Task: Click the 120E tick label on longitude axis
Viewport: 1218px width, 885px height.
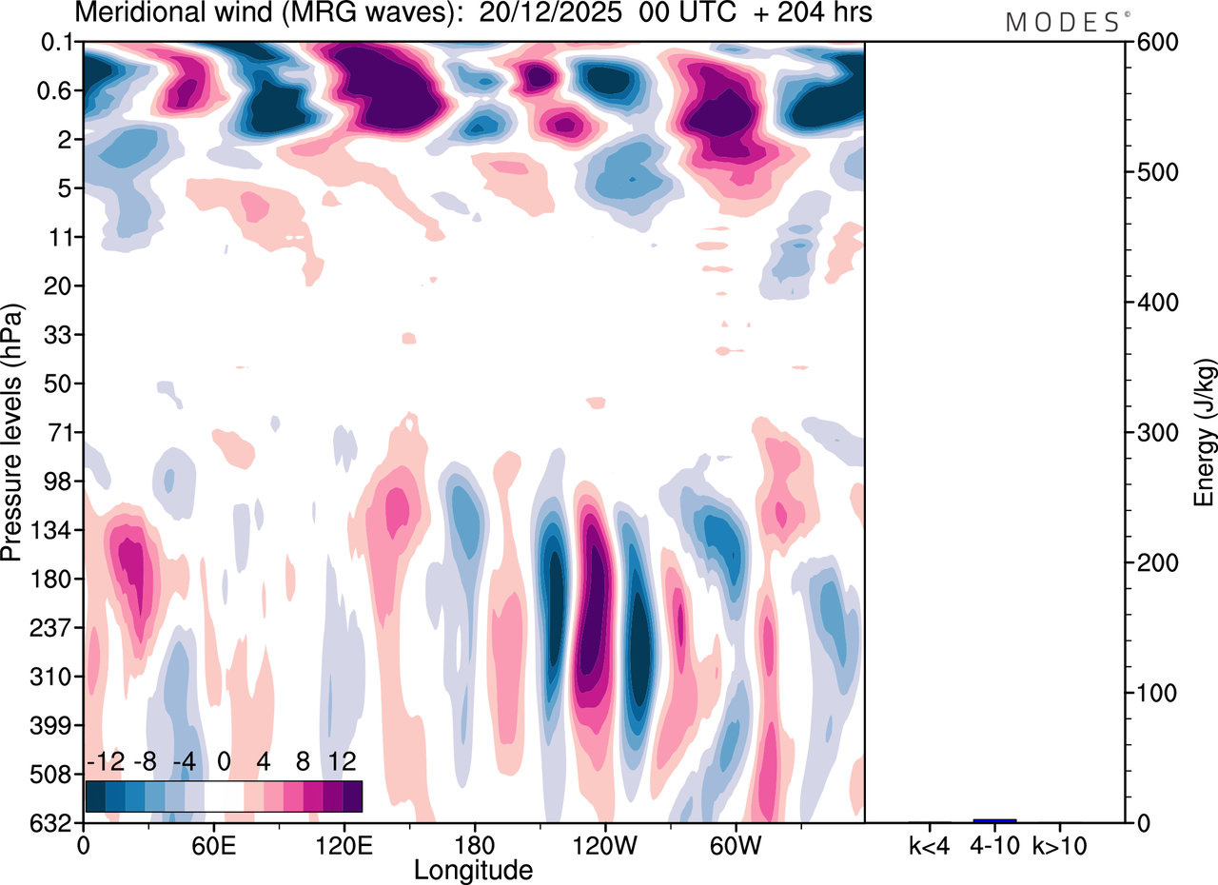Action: [x=344, y=844]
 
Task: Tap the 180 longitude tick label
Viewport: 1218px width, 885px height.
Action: [x=474, y=844]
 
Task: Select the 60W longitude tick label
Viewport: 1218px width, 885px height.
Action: [x=735, y=844]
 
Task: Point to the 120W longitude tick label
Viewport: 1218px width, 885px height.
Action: [x=604, y=844]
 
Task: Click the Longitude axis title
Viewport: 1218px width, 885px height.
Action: [x=473, y=869]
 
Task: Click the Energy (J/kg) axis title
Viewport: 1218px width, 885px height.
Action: [x=1205, y=433]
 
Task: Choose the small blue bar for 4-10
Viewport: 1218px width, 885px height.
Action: [x=994, y=820]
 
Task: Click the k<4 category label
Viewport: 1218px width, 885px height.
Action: [x=930, y=844]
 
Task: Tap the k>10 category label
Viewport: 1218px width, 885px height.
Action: [x=1060, y=844]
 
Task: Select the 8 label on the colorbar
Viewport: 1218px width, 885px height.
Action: [x=303, y=762]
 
